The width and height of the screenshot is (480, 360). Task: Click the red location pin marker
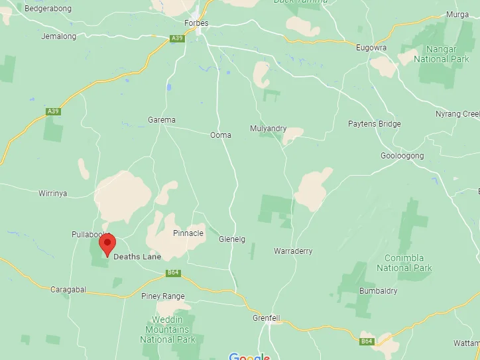107,245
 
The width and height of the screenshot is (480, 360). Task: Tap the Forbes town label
196,23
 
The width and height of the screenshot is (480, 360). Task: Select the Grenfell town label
267,318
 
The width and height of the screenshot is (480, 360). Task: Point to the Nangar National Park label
441,54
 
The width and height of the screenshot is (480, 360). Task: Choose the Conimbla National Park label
404,263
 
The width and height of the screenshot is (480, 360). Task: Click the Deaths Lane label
137,257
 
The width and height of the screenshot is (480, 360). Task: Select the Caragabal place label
70,290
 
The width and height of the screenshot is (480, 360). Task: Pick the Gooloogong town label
402,156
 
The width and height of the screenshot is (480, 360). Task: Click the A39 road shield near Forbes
176,38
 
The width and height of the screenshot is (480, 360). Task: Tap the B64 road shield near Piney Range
174,272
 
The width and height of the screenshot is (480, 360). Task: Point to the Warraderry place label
293,251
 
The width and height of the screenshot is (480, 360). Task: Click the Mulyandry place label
269,128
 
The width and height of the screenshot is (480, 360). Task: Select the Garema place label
162,120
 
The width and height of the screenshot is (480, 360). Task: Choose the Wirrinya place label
53,194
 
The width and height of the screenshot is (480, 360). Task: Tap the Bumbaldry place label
379,291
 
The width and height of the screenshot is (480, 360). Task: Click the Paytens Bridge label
375,124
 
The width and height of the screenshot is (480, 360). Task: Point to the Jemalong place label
59,36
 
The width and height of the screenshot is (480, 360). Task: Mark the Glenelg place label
232,239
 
